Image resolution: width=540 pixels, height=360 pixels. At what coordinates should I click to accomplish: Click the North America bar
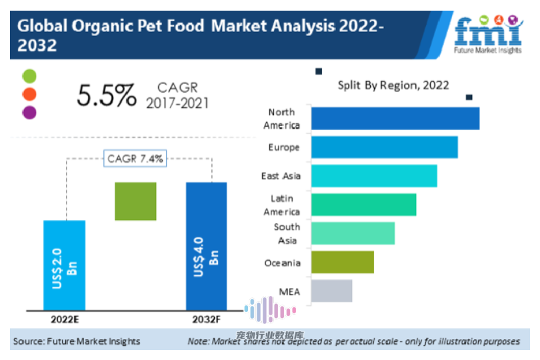pyautogui.click(x=395, y=118)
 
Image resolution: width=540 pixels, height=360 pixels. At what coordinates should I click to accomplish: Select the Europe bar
pyautogui.click(x=385, y=147)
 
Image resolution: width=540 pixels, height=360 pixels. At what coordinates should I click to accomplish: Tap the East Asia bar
pyautogui.click(x=374, y=176)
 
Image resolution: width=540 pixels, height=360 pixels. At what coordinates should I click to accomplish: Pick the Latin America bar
pyautogui.click(x=364, y=205)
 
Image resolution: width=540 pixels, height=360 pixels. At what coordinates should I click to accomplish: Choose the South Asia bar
pyautogui.click(x=353, y=233)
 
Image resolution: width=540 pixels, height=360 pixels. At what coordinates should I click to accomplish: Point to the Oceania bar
pyautogui.click(x=343, y=262)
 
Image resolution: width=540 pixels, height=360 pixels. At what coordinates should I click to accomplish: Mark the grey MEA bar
pyautogui.click(x=332, y=291)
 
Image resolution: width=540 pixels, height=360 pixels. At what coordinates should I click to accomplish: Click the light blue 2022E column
pyautogui.click(x=64, y=265)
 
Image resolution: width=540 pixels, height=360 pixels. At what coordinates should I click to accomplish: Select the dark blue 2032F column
pyautogui.click(x=206, y=246)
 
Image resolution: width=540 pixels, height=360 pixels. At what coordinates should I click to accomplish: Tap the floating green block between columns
pyautogui.click(x=135, y=201)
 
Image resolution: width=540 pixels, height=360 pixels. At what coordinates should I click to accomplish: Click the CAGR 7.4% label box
pyautogui.click(x=136, y=159)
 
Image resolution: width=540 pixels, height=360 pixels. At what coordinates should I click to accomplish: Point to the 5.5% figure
pyautogui.click(x=106, y=95)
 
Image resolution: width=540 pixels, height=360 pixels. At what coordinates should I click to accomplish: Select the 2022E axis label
pyautogui.click(x=65, y=319)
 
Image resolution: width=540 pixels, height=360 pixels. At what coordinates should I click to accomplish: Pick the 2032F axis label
pyautogui.click(x=206, y=319)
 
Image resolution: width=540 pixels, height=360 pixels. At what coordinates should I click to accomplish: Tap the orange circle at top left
pyautogui.click(x=29, y=94)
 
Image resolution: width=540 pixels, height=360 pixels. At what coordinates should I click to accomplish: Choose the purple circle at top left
pyautogui.click(x=29, y=111)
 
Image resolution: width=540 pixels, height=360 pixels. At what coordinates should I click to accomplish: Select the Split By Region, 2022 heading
pyautogui.click(x=393, y=85)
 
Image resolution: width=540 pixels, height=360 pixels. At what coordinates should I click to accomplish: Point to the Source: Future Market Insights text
pyautogui.click(x=77, y=341)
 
